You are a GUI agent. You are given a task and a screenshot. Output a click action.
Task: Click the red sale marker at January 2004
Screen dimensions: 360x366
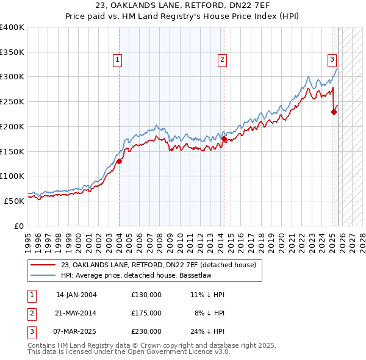[120, 161]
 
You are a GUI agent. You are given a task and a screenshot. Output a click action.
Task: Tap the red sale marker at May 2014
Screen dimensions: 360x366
[224, 139]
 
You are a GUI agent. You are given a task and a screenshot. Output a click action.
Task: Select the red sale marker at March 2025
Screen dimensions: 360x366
[334, 112]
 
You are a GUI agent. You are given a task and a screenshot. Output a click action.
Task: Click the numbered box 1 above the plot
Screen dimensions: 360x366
[117, 60]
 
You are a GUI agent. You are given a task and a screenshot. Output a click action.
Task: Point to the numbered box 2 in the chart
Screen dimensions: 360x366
[221, 60]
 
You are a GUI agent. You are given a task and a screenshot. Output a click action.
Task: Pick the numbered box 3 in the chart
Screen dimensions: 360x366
[332, 60]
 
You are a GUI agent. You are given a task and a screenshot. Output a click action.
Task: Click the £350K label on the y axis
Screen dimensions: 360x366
[12, 52]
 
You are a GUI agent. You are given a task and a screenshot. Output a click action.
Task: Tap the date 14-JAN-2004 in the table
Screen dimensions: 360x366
[76, 295]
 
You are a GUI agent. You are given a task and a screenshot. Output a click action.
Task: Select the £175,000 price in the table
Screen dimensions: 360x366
[146, 313]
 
